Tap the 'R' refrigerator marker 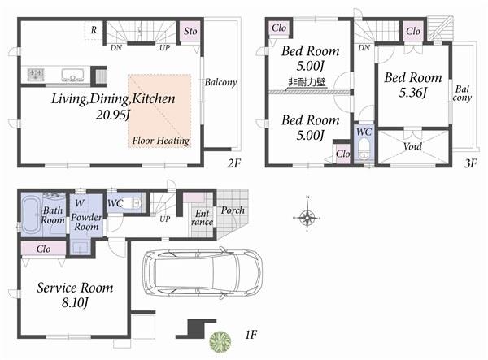click(x=95, y=30)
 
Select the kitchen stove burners click(x=37, y=74)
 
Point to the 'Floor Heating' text click(x=160, y=141)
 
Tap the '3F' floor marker click(x=469, y=162)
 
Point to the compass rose click(x=308, y=217)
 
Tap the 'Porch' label click(x=233, y=210)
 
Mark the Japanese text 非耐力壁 click(x=307, y=82)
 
